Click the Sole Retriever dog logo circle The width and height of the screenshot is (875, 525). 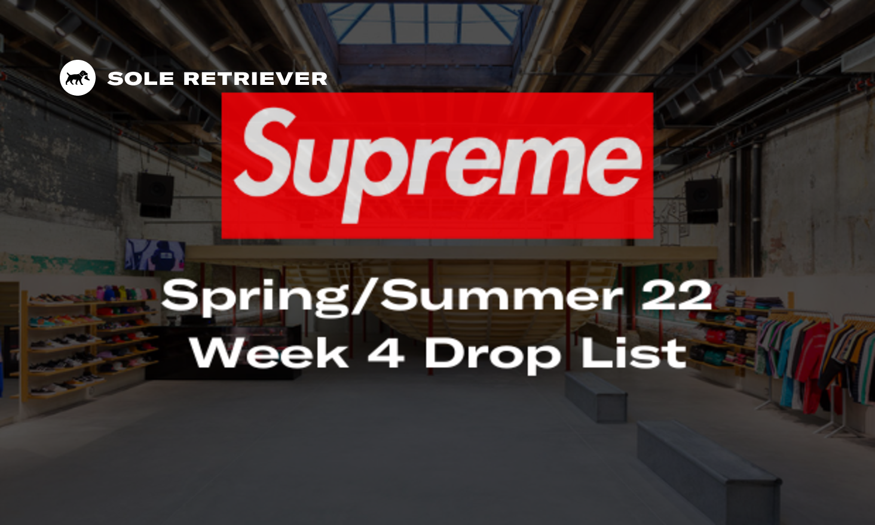pyautogui.click(x=77, y=78)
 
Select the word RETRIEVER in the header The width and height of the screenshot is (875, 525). pyautogui.click(x=255, y=78)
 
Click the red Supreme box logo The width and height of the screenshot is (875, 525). pyautogui.click(x=437, y=166)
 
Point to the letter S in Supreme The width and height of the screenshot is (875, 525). pyautogui.click(x=265, y=154)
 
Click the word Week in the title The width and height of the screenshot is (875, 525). pyautogui.click(x=270, y=352)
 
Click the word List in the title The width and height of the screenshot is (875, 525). pyautogui.click(x=634, y=352)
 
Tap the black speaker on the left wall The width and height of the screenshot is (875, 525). pyautogui.click(x=155, y=195)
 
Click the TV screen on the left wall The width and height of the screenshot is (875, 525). pyautogui.click(x=155, y=255)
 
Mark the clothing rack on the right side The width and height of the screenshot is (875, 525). pyautogui.click(x=816, y=368)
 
